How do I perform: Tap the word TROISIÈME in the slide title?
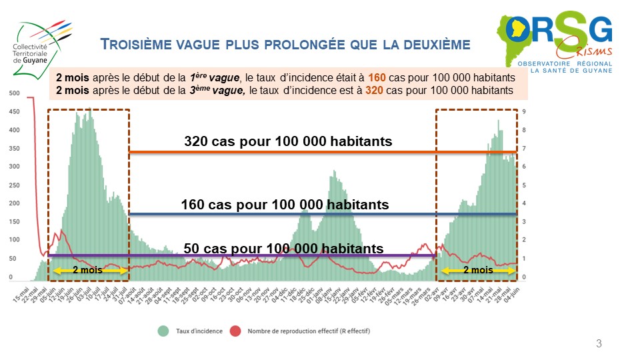click(x=138, y=45)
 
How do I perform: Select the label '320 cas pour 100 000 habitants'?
click(x=288, y=141)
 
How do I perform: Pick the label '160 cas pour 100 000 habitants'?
click(x=285, y=205)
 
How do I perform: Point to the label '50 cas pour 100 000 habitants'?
click(x=283, y=249)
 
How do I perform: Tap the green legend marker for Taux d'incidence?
click(x=162, y=330)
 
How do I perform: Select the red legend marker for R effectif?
click(x=235, y=330)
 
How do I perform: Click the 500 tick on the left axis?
click(x=14, y=93)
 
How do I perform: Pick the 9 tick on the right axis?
click(x=525, y=112)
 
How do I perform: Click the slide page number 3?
click(x=599, y=344)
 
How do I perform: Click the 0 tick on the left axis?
click(x=11, y=276)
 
